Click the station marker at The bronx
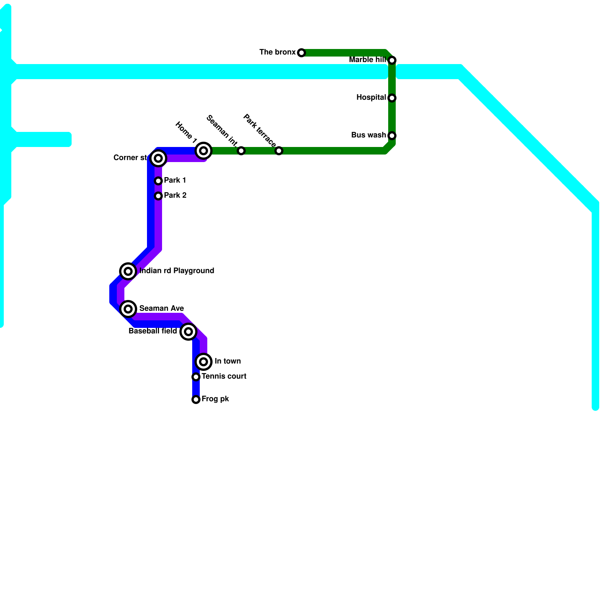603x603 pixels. (301, 53)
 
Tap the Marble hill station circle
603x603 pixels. (392, 60)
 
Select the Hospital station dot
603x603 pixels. (392, 98)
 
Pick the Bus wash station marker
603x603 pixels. (392, 136)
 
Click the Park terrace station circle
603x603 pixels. (279, 151)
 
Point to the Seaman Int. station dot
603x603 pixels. (241, 151)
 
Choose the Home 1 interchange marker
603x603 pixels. (204, 151)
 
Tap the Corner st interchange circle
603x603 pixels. (158, 158)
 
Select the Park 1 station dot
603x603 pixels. (158, 181)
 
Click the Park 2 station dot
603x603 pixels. (158, 196)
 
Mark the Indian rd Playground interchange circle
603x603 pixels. (128, 271)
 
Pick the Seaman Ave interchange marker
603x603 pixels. (128, 309)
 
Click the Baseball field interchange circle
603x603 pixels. (188, 332)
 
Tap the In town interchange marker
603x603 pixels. (204, 362)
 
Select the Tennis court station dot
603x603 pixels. (196, 377)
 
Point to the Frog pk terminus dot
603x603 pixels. (196, 399)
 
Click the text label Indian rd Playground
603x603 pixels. (177, 271)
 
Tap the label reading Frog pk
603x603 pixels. (215, 399)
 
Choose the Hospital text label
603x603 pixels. (371, 98)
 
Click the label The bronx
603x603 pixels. (277, 52)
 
